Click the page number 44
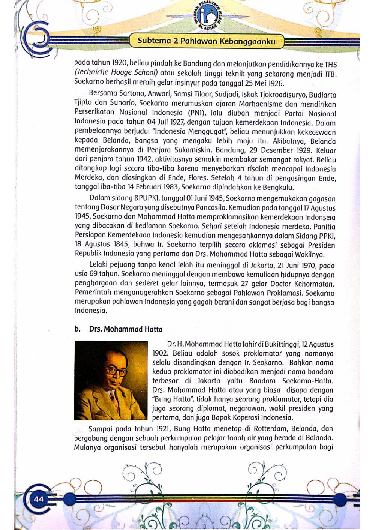coord(39,499)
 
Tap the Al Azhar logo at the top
coord(208,17)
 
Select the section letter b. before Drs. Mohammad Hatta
coord(77,329)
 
